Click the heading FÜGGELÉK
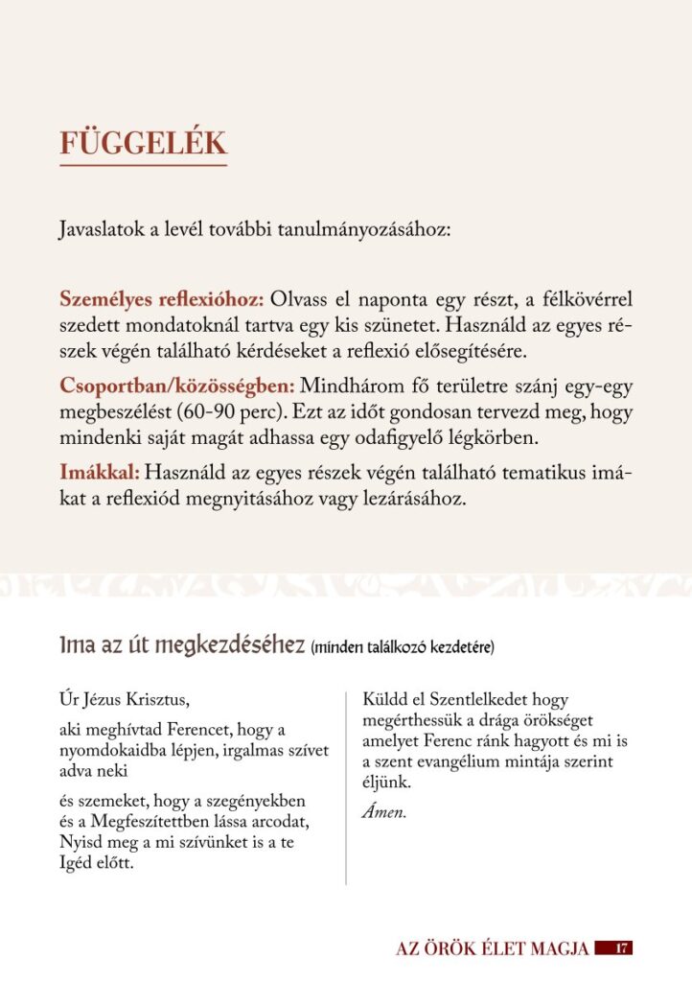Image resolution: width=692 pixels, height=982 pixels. point(143,143)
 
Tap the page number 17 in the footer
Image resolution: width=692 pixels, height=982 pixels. point(621,948)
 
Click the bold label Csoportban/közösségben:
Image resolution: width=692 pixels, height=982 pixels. point(177,387)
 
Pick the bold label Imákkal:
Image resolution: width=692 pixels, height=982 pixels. point(100,473)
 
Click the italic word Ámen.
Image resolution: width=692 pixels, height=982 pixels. point(383,813)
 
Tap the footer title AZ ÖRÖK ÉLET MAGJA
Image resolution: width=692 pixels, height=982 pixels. point(492,948)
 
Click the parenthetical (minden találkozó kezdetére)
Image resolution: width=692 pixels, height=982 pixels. point(403,648)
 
